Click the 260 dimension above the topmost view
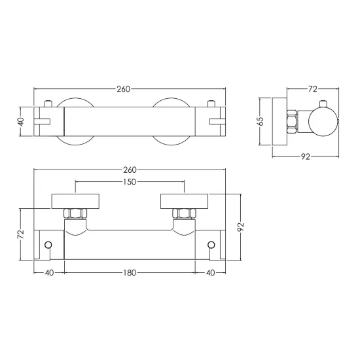point(123,89)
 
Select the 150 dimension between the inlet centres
point(130,182)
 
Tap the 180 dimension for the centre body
point(130,273)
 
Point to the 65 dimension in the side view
point(261,121)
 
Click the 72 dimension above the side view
point(312,89)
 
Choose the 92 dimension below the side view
point(306,157)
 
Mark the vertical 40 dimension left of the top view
point(21,122)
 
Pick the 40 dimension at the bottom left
point(49,273)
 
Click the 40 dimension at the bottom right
point(210,273)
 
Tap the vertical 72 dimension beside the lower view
point(21,234)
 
